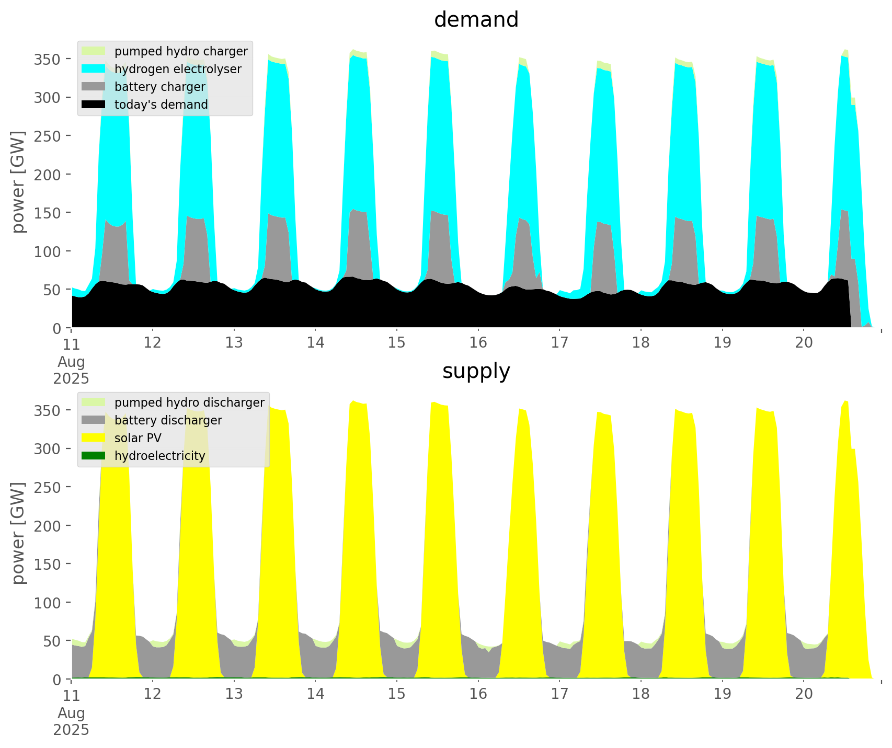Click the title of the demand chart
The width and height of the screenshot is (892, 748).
[476, 20]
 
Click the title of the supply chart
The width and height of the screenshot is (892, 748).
[476, 371]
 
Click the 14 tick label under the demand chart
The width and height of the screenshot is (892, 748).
[315, 343]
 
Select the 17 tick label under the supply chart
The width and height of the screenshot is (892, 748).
[559, 694]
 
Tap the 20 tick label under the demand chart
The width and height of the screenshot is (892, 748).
[804, 343]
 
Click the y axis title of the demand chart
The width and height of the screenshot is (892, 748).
[18, 182]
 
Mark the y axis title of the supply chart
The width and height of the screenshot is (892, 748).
[18, 533]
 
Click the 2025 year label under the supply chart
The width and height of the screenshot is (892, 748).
[71, 730]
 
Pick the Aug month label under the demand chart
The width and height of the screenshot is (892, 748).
[71, 362]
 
